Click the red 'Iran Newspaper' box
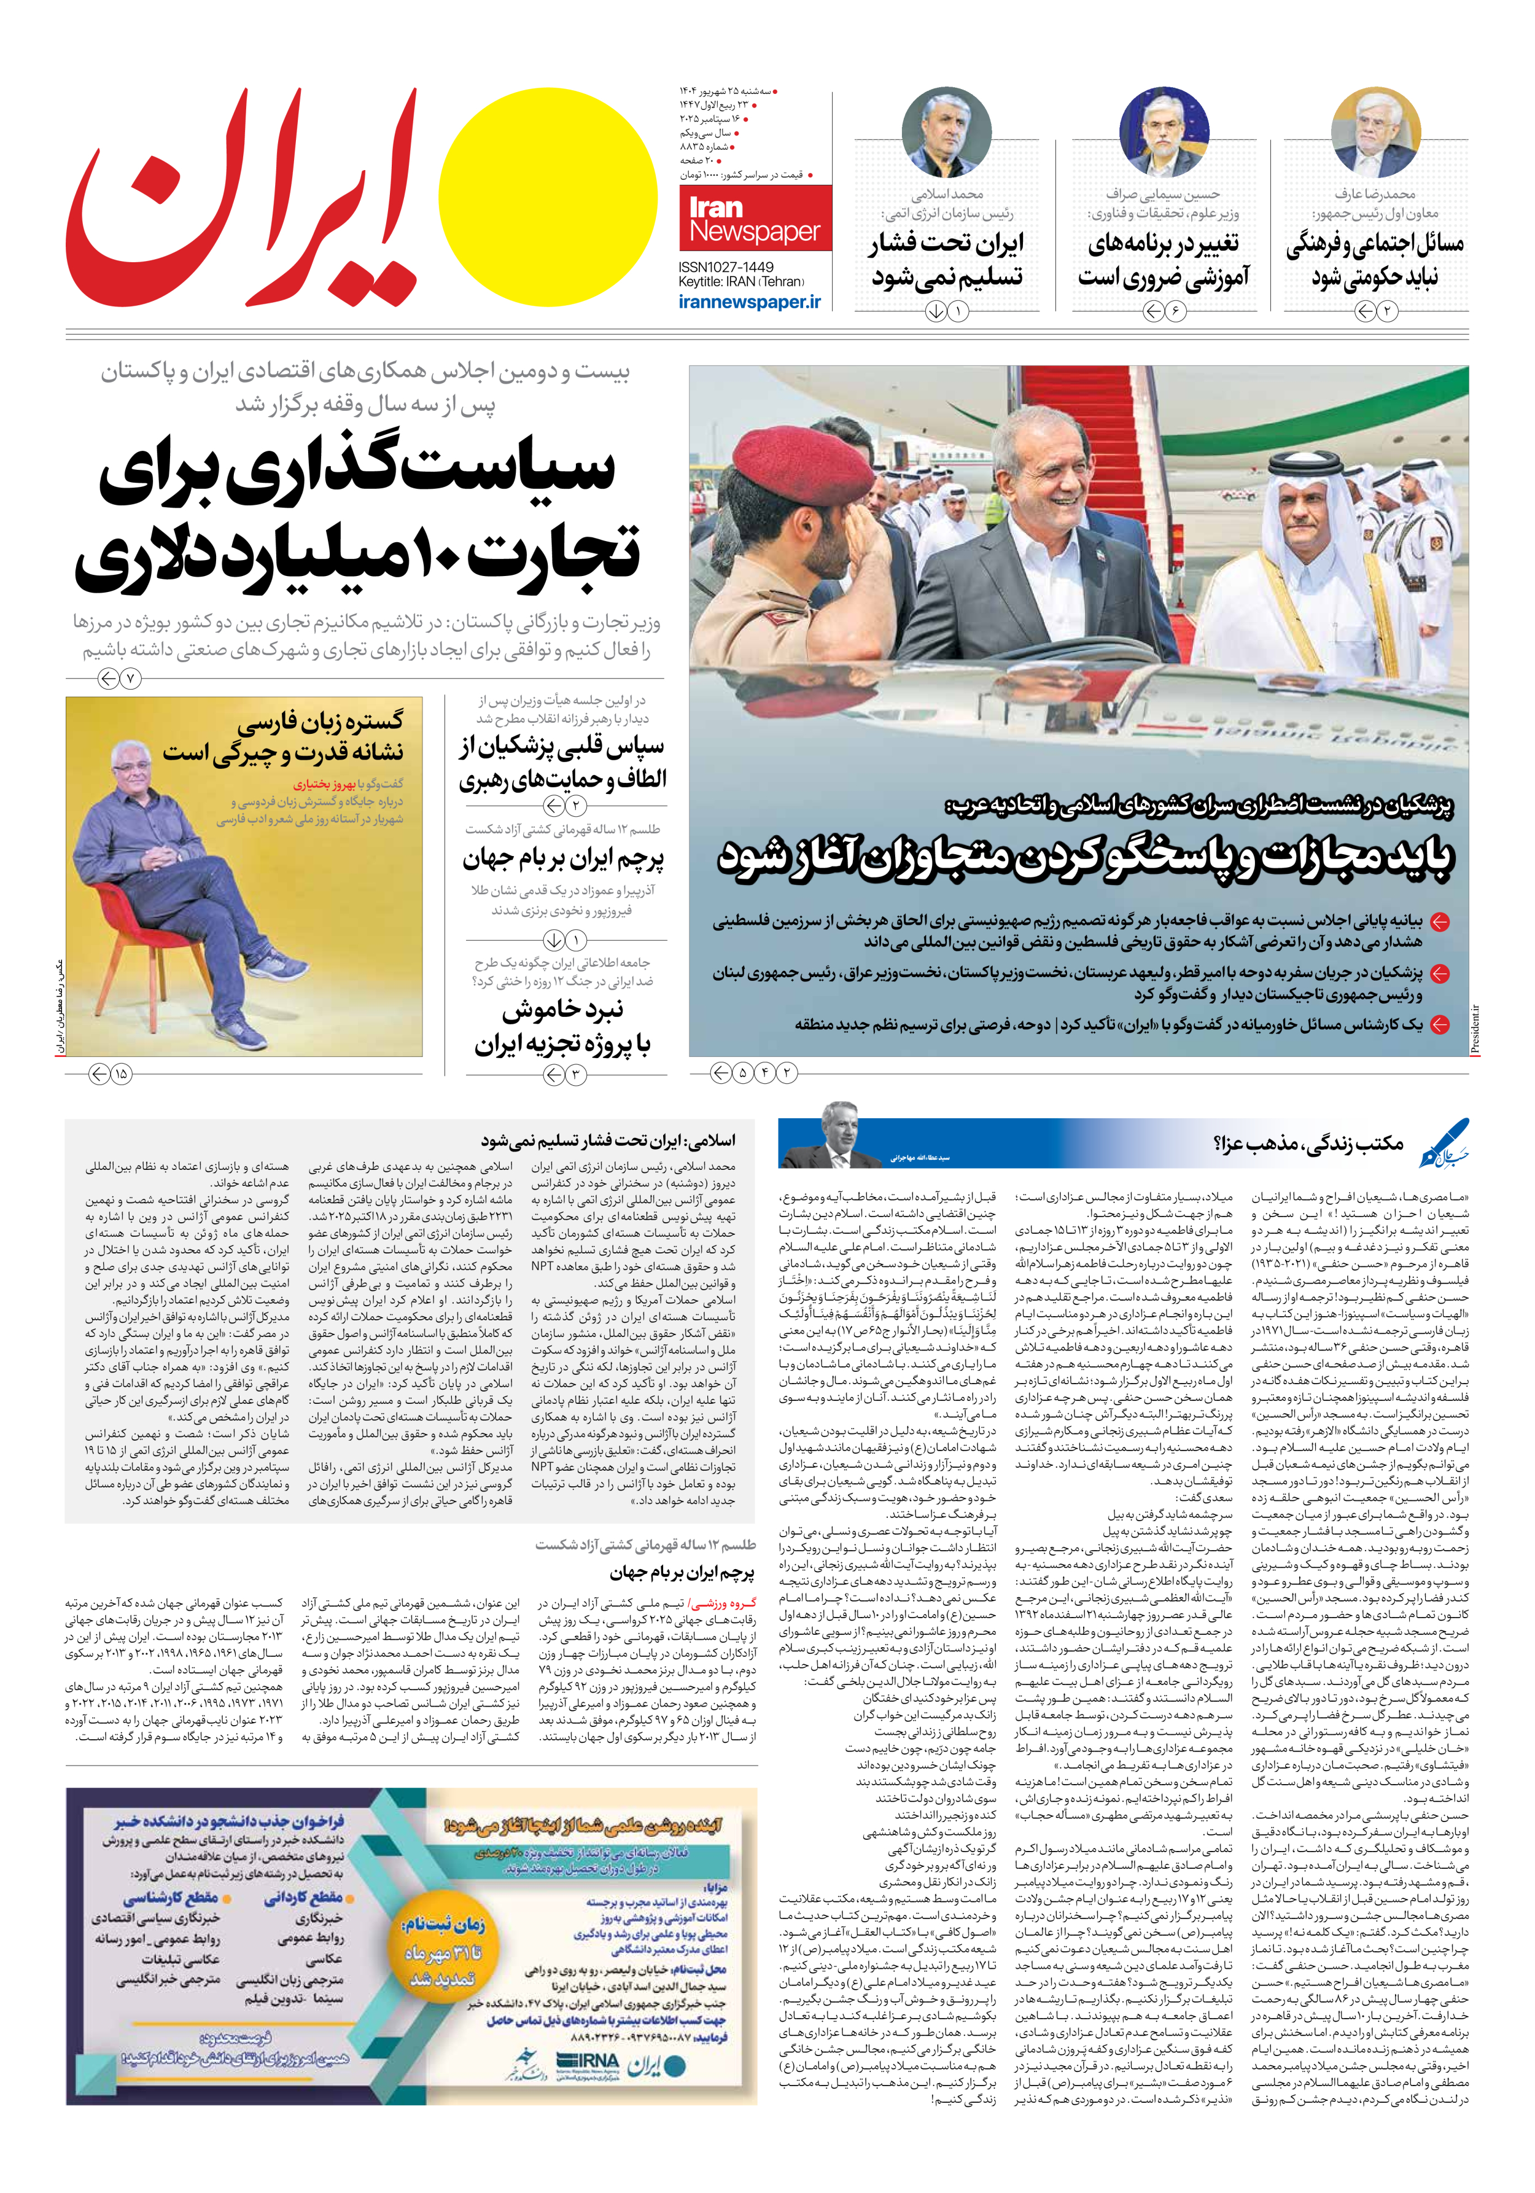pos(755,219)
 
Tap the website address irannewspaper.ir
pos(749,302)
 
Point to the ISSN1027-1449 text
pos(726,267)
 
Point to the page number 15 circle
pos(120,1073)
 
